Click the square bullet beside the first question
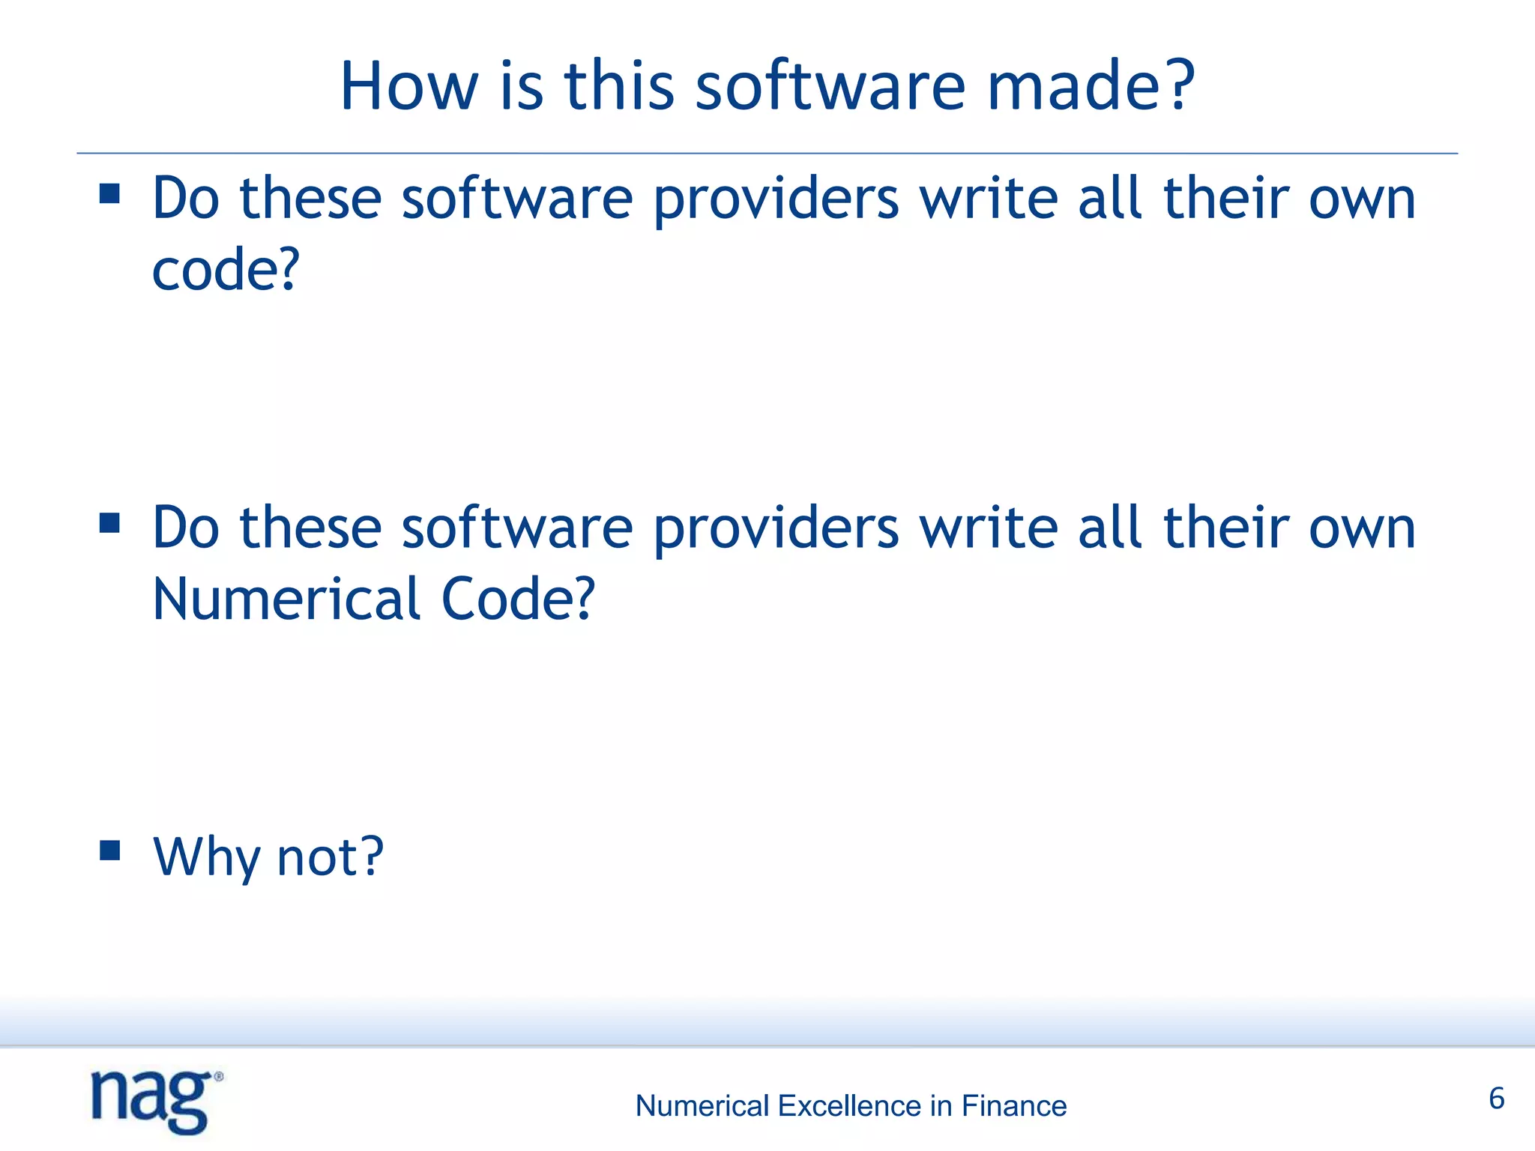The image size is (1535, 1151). coord(109,194)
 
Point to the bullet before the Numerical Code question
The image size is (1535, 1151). coord(109,522)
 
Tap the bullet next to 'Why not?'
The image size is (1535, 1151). coord(109,851)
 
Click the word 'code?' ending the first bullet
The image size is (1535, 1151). coord(226,270)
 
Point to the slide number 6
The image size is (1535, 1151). coord(1497,1099)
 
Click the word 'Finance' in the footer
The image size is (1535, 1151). coord(1014,1106)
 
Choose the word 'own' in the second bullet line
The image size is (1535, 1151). coord(1362,529)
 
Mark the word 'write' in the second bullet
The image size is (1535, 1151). coord(989,529)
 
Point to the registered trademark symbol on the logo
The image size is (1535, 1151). coord(219,1077)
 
